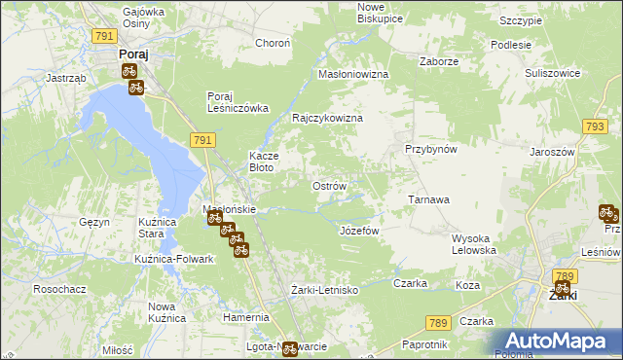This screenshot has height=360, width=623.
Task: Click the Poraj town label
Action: (132, 54)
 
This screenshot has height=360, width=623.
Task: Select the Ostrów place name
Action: (327, 185)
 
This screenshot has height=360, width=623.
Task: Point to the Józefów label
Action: (358, 231)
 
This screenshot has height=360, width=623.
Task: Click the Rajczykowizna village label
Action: (327, 118)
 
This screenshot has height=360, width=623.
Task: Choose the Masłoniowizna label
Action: (353, 74)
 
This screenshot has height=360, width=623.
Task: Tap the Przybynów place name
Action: (431, 149)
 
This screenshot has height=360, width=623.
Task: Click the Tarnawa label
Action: (428, 199)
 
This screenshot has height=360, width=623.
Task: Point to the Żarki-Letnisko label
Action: (325, 290)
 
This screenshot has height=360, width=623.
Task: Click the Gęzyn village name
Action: (93, 222)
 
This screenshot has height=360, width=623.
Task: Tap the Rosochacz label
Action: (55, 289)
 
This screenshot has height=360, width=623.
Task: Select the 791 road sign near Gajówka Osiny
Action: (105, 35)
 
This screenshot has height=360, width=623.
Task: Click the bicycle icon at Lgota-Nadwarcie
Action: (289, 350)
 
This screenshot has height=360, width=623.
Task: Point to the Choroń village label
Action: (273, 43)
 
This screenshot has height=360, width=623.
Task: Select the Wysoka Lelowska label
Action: (475, 244)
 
